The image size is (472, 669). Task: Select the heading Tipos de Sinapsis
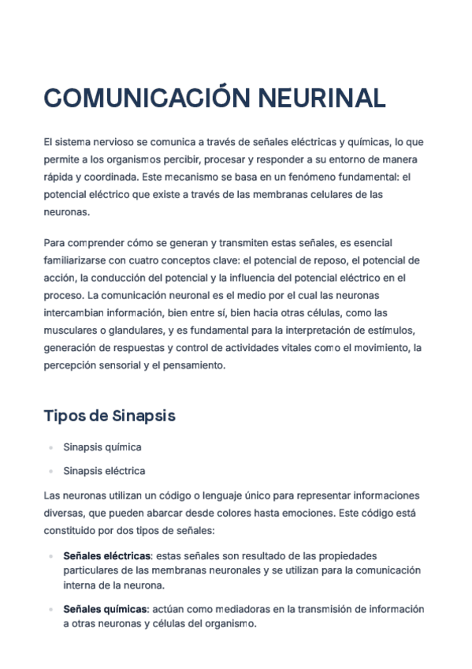(x=110, y=416)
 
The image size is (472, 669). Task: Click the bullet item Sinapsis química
(x=102, y=447)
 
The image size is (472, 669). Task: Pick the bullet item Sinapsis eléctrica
(x=104, y=471)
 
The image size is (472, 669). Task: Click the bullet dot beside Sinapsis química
(x=50, y=447)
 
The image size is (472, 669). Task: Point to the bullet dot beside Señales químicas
(x=50, y=609)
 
